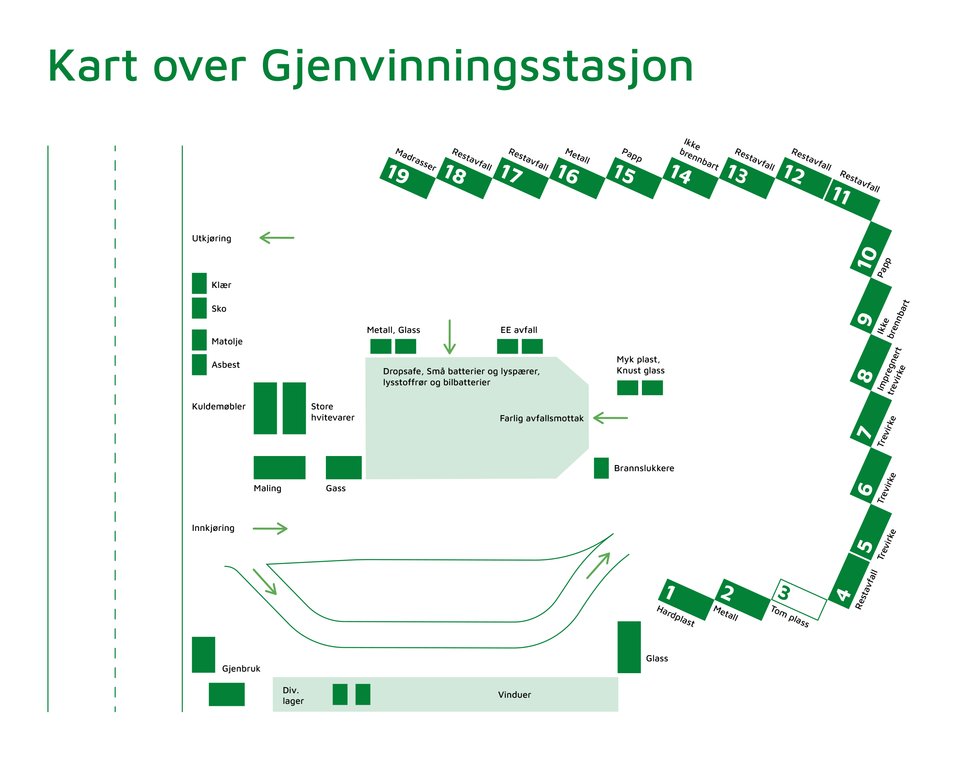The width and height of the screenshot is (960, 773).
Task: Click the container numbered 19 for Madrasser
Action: [407, 178]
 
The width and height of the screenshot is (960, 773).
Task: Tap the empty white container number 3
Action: [799, 599]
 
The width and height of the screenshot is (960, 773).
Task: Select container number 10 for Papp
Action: [870, 249]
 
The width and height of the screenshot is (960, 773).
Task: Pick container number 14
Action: [690, 178]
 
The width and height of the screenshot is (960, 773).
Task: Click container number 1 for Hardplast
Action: [686, 599]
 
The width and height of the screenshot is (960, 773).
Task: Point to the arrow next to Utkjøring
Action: [277, 238]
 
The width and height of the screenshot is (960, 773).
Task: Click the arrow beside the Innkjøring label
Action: [270, 529]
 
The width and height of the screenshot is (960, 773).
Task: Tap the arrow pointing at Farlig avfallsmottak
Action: [610, 418]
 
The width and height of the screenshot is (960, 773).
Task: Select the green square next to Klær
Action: [199, 283]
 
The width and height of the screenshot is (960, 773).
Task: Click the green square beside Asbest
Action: [199, 365]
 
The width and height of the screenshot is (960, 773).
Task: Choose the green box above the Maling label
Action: [280, 468]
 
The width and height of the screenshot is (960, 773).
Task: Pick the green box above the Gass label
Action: [344, 468]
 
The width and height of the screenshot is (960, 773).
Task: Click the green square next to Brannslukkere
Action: [601, 468]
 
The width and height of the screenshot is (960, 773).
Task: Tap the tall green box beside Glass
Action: [629, 647]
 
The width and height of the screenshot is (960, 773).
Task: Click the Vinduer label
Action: [514, 695]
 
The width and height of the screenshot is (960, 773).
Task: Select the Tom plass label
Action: [790, 617]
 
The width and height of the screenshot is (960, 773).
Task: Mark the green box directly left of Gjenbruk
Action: [204, 655]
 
